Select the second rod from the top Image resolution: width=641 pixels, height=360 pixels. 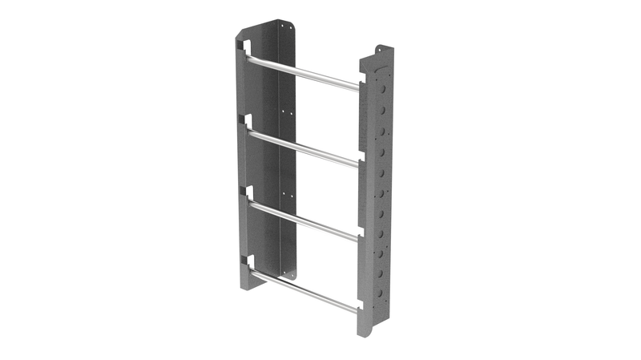304,148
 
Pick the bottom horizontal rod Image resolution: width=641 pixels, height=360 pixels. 304,290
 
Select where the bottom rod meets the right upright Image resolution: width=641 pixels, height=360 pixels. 357,309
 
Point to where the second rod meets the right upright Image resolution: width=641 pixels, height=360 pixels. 357,164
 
